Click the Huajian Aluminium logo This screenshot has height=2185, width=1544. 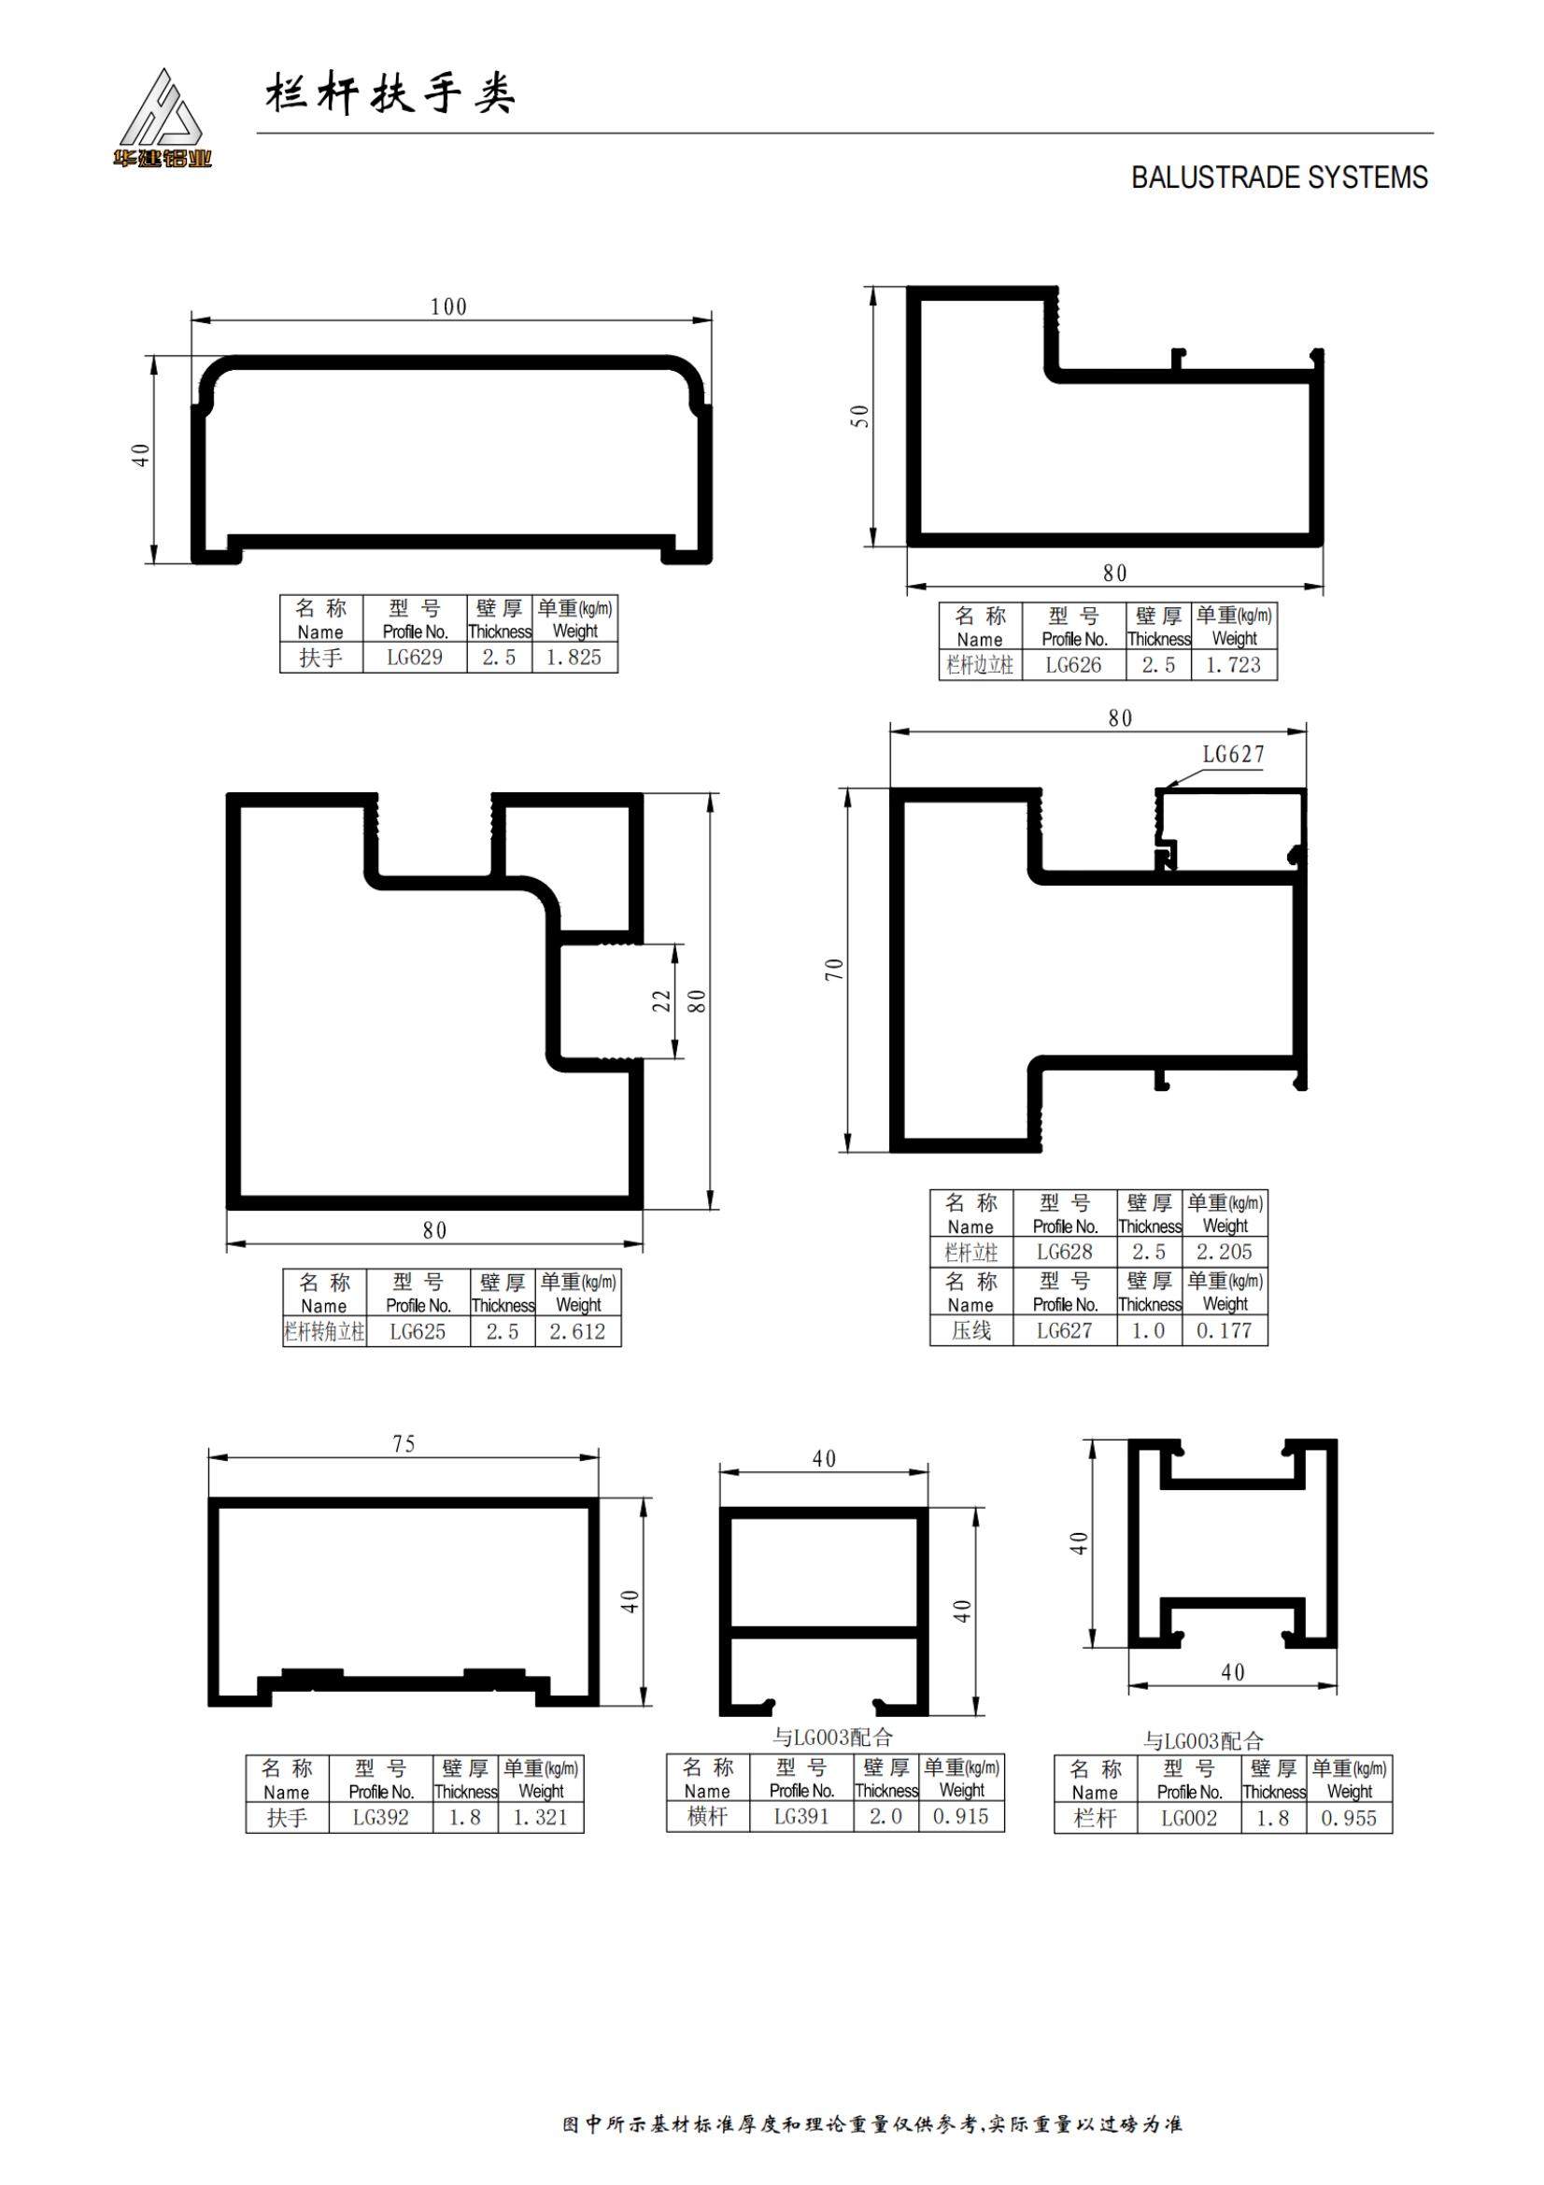pos(162,118)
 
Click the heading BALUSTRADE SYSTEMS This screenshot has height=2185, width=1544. pos(1279,178)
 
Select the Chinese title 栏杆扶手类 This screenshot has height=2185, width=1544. pos(390,94)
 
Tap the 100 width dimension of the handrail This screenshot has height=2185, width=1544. pos(448,306)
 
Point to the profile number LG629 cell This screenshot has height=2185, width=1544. pos(415,658)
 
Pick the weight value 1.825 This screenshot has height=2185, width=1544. pos(574,658)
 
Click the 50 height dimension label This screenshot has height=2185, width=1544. pos(860,416)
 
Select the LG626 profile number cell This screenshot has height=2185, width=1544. pos(1073,665)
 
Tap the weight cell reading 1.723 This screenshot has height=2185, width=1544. pos(1233,665)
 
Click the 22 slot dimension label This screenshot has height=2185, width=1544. pos(661,1001)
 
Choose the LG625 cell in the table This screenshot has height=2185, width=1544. pos(418,1332)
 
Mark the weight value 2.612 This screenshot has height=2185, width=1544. pos(577,1332)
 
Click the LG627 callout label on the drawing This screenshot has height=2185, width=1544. pos(1234,755)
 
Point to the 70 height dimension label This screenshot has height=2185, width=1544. pos(834,970)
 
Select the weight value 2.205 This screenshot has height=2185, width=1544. pos(1225,1253)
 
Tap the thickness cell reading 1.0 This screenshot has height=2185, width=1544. pos(1148,1331)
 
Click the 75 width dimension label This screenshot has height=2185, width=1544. pos(404,1443)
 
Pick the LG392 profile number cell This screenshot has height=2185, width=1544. pos(380,1818)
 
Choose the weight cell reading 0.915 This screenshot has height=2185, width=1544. pos(961,1817)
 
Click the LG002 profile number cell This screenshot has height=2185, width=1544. pos(1189,1819)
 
